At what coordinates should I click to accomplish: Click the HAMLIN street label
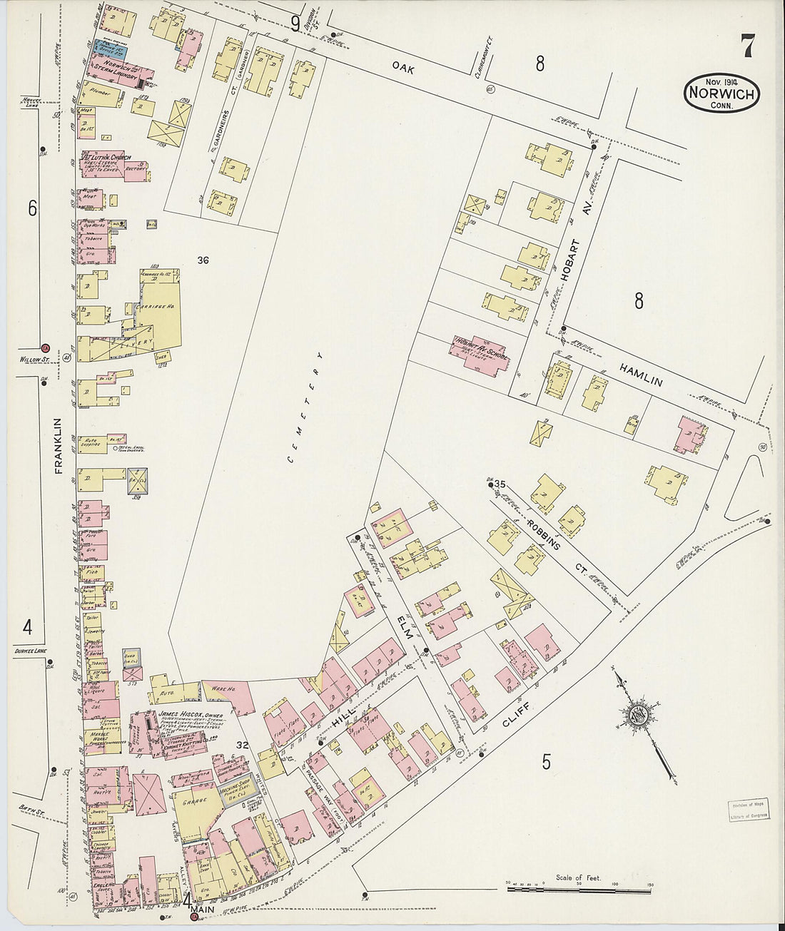640,372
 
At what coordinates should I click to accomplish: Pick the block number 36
203,260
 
